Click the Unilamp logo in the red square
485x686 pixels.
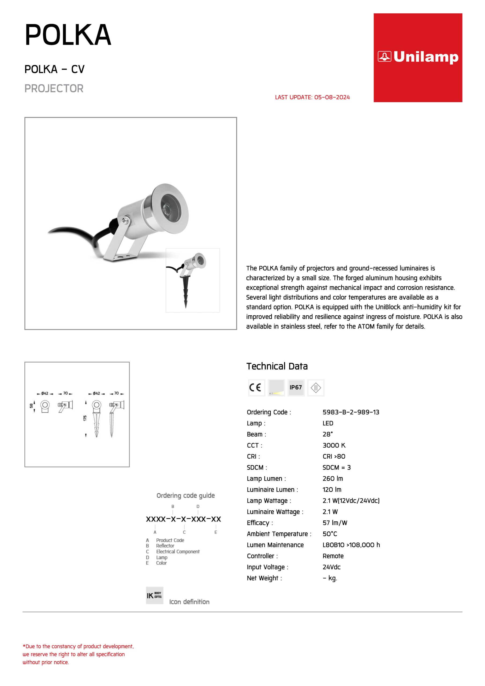(418, 57)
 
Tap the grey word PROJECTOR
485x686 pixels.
(54, 88)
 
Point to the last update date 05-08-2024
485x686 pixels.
(332, 97)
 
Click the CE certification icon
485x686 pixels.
(256, 387)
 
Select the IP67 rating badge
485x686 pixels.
(296, 387)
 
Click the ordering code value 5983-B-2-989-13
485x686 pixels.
(351, 412)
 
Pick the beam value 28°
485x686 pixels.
(327, 434)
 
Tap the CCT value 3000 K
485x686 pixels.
(334, 445)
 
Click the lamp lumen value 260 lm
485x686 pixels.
(333, 479)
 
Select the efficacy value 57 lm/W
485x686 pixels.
(335, 523)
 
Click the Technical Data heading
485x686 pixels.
(277, 366)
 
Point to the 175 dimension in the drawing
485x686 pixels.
(85, 418)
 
